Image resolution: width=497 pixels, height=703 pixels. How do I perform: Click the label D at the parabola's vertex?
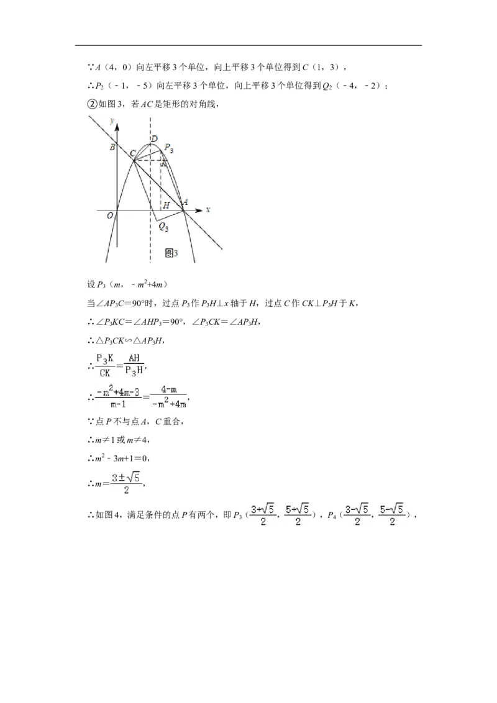154,139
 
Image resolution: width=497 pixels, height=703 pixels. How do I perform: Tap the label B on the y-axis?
112,147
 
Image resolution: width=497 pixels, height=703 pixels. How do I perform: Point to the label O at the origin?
110,216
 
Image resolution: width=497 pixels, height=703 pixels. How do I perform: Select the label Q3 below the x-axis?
164,227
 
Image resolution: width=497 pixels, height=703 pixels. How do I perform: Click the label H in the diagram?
166,206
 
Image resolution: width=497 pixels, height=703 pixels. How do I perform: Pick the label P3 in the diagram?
169,148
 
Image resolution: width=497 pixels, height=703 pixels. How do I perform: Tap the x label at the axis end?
208,209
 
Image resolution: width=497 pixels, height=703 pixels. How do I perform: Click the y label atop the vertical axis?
112,120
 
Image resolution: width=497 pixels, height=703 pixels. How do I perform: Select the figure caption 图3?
171,253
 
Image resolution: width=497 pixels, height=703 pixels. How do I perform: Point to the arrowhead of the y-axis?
117,127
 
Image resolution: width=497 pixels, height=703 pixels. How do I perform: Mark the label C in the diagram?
133,154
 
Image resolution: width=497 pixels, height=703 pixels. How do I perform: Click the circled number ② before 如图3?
92,104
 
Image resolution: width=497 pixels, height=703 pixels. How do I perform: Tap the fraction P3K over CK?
105,365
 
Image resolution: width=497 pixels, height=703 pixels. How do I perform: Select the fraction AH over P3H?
134,365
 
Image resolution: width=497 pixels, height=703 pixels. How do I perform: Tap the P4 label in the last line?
332,515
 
